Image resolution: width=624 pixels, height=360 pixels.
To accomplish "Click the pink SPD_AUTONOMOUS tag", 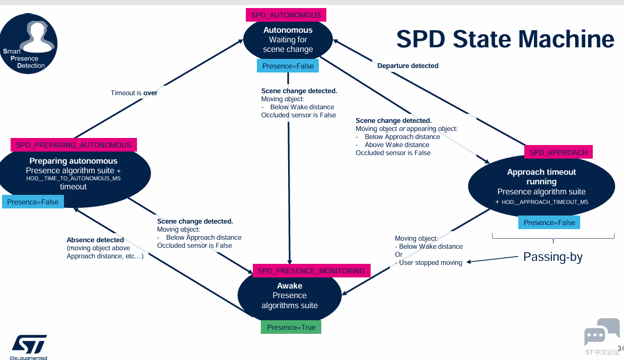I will pyautogui.click(x=286, y=15).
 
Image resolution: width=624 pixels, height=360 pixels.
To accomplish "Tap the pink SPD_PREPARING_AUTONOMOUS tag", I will pyautogui.click(x=74, y=145).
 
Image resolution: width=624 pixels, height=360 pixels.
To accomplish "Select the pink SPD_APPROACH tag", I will pyautogui.click(x=559, y=152).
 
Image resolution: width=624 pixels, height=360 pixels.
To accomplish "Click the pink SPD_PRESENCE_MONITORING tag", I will pyautogui.click(x=311, y=271).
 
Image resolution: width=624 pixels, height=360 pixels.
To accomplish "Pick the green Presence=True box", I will pyautogui.click(x=291, y=327).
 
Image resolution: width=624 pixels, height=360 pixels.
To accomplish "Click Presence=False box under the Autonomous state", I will pyautogui.click(x=288, y=66).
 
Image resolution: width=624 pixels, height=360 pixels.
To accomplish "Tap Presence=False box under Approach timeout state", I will pyautogui.click(x=549, y=223).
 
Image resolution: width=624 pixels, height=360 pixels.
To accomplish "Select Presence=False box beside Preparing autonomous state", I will pyautogui.click(x=33, y=202).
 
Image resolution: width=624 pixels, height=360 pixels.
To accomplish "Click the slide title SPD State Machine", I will pyautogui.click(x=505, y=39).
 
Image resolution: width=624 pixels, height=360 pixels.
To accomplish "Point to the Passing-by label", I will pyautogui.click(x=552, y=257).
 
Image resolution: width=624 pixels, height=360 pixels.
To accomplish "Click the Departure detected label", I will pyautogui.click(x=408, y=66).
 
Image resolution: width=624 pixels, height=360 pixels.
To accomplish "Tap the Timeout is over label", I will pyautogui.click(x=134, y=93).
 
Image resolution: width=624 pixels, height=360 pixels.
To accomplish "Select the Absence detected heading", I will pyautogui.click(x=95, y=240).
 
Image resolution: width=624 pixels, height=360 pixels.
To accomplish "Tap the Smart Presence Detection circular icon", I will pyautogui.click(x=29, y=44).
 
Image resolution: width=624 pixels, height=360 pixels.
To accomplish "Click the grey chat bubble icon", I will pyautogui.click(x=601, y=332).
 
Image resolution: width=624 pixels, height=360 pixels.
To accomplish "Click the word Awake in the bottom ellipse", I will pyautogui.click(x=290, y=286).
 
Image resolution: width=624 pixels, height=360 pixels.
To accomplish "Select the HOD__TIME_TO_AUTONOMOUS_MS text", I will pyautogui.click(x=74, y=179).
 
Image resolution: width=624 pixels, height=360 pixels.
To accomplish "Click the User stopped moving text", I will pyautogui.click(x=431, y=263).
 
